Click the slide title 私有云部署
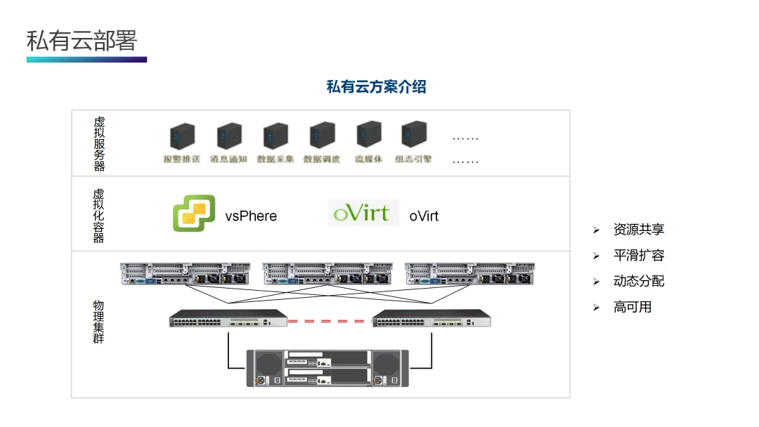click(82, 40)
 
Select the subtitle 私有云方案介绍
click(376, 87)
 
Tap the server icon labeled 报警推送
click(182, 136)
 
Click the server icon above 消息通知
click(229, 136)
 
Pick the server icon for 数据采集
click(275, 136)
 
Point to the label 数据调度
click(322, 159)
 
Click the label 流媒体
click(368, 159)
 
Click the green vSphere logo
click(193, 214)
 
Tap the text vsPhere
click(251, 216)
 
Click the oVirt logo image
click(363, 213)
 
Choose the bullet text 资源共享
click(638, 230)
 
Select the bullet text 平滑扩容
click(638, 256)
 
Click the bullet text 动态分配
click(638, 282)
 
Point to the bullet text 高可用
click(632, 307)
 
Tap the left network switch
click(228, 319)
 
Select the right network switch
click(431, 319)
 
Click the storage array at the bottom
click(328, 367)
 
